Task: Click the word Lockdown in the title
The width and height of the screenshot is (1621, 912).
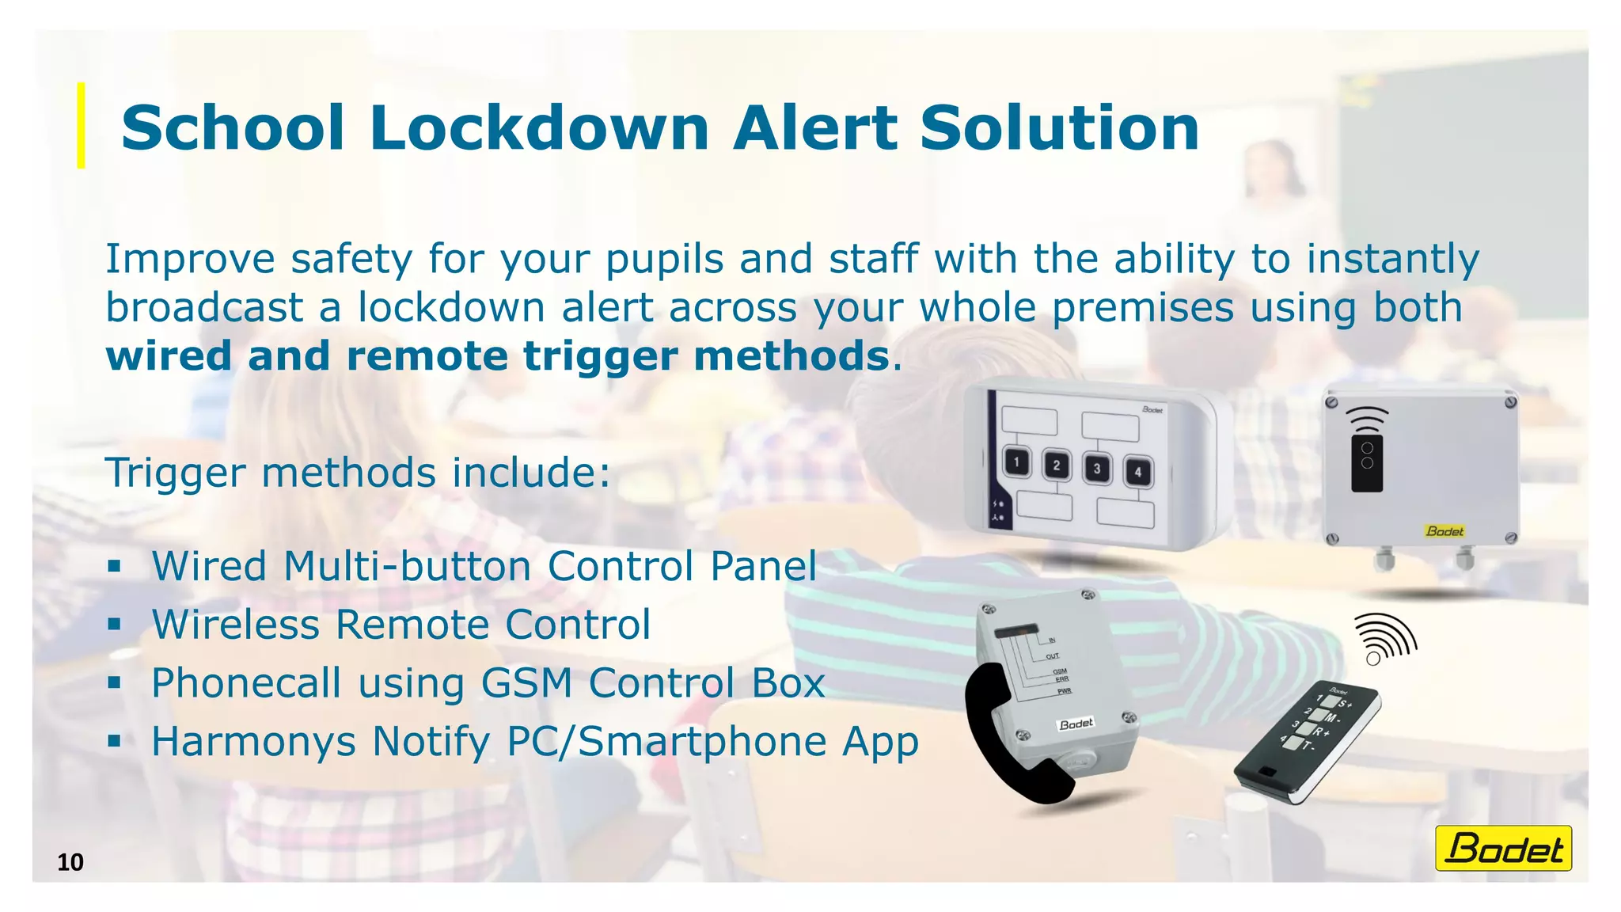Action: pos(539,128)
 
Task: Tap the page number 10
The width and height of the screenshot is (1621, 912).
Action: pos(70,862)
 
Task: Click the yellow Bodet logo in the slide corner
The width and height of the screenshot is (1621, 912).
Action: pos(1503,849)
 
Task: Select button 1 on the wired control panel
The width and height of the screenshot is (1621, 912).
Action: pos(1017,462)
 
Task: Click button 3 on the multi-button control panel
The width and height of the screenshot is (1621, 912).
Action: pos(1097,468)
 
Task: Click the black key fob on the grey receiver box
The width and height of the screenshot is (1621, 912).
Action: pos(1367,462)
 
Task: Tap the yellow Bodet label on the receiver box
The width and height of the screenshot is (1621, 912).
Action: pos(1444,531)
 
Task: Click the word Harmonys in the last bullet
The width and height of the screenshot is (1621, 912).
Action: pos(253,742)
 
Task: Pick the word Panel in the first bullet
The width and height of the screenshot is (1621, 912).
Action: pos(763,566)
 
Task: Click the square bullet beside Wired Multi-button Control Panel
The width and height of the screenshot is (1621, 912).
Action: pos(115,566)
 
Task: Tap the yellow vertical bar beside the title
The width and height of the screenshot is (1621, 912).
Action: pos(81,125)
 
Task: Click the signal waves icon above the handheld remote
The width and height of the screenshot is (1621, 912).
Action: pos(1385,638)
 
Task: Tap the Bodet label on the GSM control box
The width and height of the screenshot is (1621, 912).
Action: pos(1076,724)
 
